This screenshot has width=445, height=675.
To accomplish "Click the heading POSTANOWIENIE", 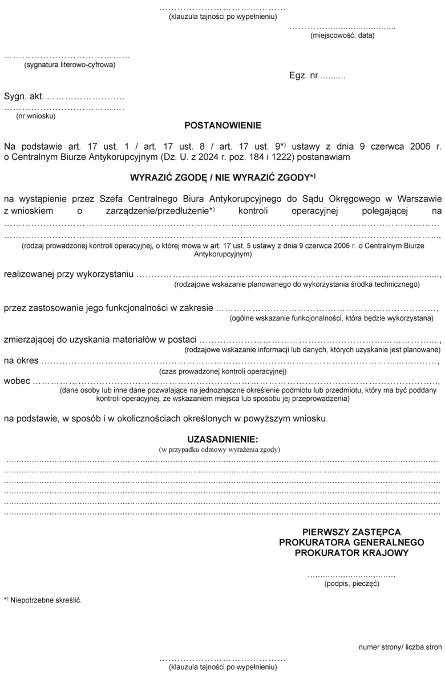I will click(x=222, y=124).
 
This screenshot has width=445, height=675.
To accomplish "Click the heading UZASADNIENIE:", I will click(x=222, y=439).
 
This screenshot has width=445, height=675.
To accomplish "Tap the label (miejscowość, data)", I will click(x=342, y=35).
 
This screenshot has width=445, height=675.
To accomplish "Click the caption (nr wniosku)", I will click(x=35, y=116).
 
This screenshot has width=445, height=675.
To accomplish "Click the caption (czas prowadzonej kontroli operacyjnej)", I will click(x=222, y=371).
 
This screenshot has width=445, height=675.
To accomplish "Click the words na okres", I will click(x=21, y=361).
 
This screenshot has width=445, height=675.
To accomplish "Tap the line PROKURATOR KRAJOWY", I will click(x=351, y=553).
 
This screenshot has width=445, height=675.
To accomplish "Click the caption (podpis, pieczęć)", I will click(x=351, y=584).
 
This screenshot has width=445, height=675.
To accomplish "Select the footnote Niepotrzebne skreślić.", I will click(x=46, y=600).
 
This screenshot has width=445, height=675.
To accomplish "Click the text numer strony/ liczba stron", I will click(x=400, y=647).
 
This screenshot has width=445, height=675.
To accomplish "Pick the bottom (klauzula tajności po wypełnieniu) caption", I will click(x=222, y=666).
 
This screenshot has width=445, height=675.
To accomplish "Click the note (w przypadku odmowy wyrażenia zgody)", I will click(x=222, y=449).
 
